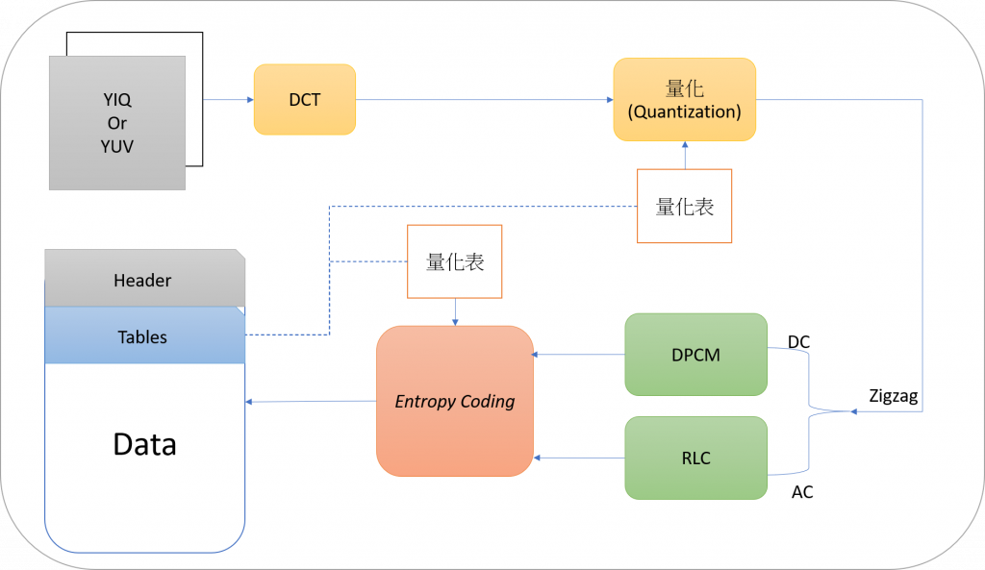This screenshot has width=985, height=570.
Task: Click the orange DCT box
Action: (x=304, y=99)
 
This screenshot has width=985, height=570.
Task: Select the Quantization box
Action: (x=684, y=100)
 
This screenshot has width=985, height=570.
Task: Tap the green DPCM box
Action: (x=695, y=355)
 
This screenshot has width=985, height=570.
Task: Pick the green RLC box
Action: (x=695, y=458)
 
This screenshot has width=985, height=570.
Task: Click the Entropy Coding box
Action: (x=454, y=401)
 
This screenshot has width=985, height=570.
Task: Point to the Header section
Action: (x=143, y=281)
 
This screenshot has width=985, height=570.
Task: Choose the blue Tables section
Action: (x=143, y=337)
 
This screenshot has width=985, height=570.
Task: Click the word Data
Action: (x=144, y=444)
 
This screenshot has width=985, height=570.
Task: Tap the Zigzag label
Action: (x=895, y=395)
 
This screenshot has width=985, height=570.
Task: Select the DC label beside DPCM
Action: (x=798, y=342)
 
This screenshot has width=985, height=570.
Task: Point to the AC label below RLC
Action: (x=802, y=492)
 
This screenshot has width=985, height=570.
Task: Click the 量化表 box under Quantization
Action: (x=684, y=206)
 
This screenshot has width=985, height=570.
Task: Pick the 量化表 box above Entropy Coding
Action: (x=455, y=261)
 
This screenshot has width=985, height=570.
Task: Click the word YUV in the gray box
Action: (x=117, y=147)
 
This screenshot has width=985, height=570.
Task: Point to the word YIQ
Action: (x=117, y=99)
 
